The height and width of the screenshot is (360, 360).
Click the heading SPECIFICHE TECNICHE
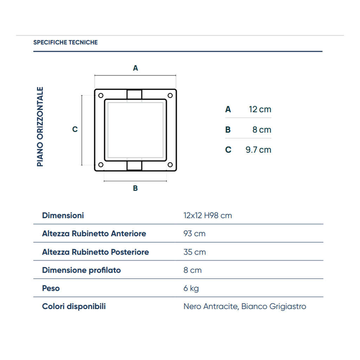[x=65, y=42]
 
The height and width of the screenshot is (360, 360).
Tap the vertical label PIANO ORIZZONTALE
[x=40, y=127]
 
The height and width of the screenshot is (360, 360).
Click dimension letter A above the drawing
[x=135, y=68]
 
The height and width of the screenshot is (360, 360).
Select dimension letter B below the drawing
[x=135, y=188]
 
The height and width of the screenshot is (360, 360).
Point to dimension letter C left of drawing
[x=75, y=129]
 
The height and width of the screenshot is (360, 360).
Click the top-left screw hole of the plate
[x=101, y=95]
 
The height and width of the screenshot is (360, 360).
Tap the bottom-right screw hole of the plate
[x=170, y=165]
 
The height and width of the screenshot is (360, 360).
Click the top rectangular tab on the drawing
[x=134, y=95]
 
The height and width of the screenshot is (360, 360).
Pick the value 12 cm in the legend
[x=260, y=109]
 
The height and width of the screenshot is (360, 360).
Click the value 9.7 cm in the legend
[x=258, y=150]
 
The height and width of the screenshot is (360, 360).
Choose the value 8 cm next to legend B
[x=262, y=130]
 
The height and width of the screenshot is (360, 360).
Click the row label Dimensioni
[x=63, y=215]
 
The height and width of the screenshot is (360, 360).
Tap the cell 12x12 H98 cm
[x=207, y=215]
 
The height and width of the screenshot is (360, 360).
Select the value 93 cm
[x=194, y=233]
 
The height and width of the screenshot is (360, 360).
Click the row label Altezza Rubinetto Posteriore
[x=95, y=252]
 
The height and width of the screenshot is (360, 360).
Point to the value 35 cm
[x=194, y=252]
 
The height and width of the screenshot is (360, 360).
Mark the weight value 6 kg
[x=191, y=288]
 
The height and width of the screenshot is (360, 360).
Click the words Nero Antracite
[x=211, y=306]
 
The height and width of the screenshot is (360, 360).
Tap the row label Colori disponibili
[x=74, y=306]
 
